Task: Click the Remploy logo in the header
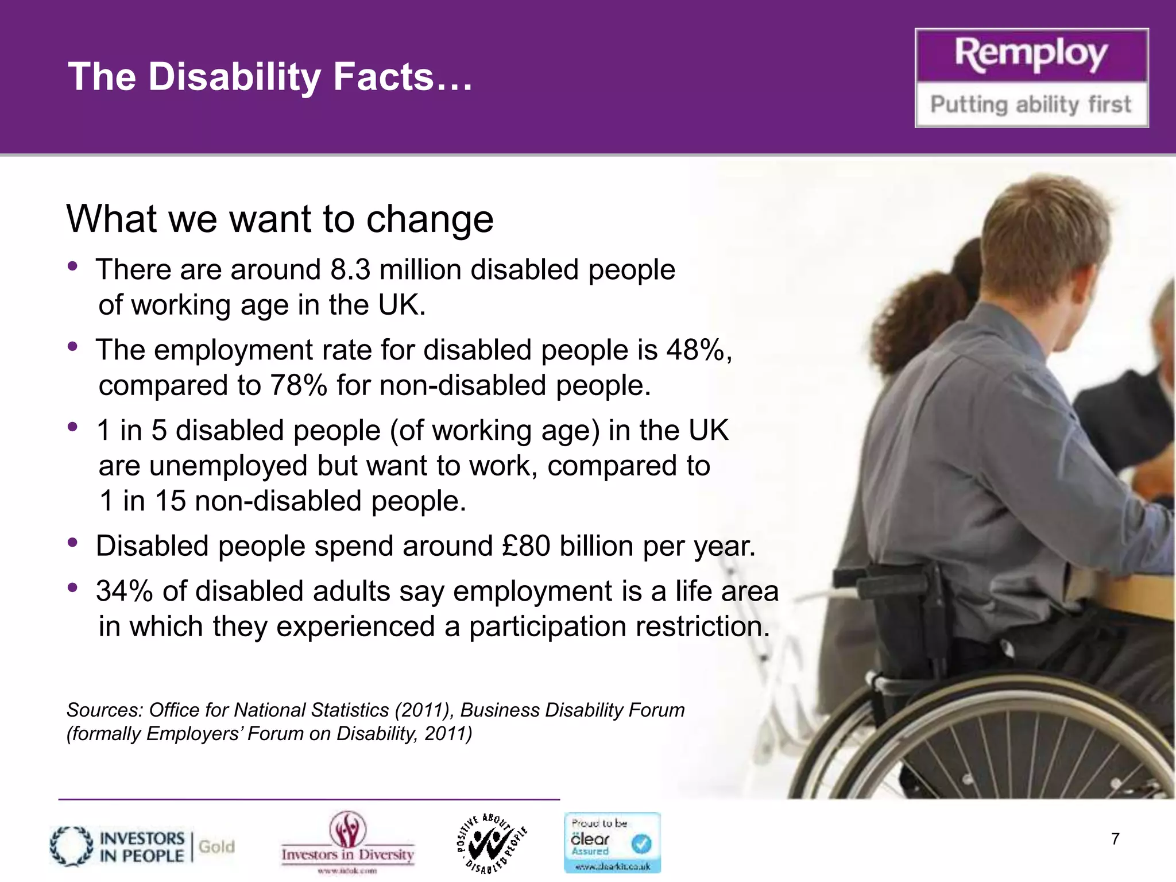(x=1031, y=56)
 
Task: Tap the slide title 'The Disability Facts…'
(x=270, y=77)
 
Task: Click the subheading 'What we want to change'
(x=280, y=219)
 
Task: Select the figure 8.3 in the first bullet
(x=350, y=270)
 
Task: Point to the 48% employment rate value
(x=696, y=350)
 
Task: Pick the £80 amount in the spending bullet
(x=526, y=546)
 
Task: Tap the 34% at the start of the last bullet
(x=124, y=591)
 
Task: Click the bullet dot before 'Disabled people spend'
(x=72, y=543)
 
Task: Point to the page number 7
(x=1115, y=839)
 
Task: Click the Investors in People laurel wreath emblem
(x=71, y=846)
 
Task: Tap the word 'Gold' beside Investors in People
(x=216, y=846)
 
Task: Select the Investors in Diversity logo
(x=348, y=841)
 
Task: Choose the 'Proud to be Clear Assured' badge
(x=612, y=842)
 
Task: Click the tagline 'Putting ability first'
(x=1031, y=105)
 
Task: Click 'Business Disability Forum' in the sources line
(x=572, y=710)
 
